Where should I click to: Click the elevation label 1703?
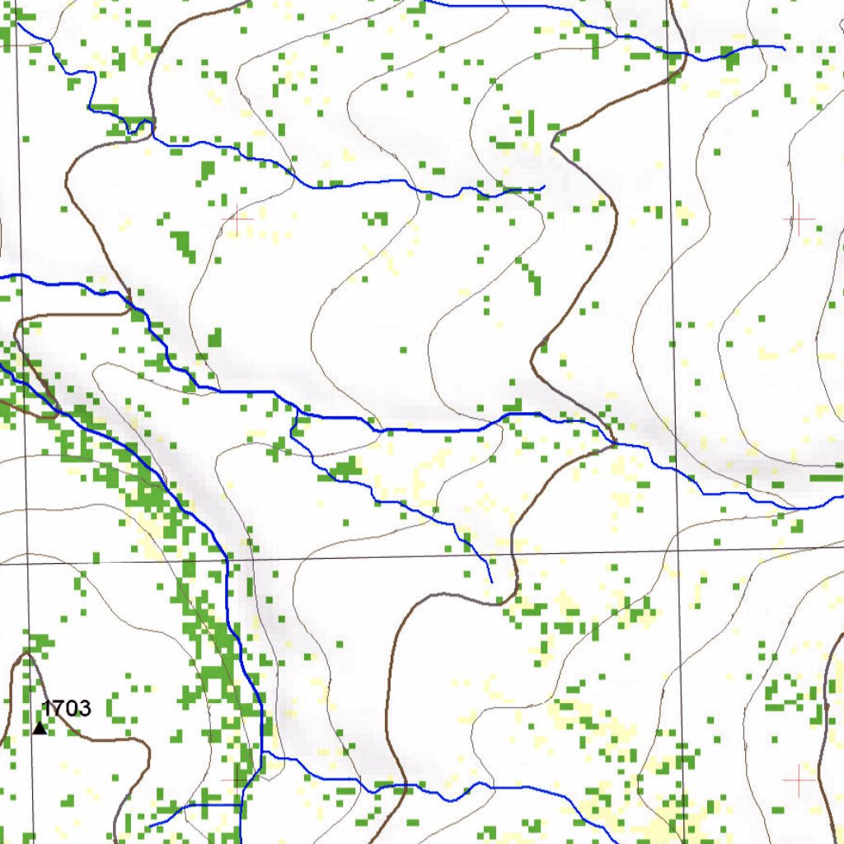click(x=67, y=707)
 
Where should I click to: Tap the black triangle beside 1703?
click(x=40, y=728)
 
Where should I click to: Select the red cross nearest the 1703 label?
click(x=237, y=777)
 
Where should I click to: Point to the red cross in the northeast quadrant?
click(x=798, y=219)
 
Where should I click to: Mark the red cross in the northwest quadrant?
click(x=238, y=220)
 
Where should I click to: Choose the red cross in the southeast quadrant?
click(x=799, y=779)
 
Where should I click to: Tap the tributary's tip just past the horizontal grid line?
click(x=491, y=582)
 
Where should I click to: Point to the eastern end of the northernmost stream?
click(x=784, y=49)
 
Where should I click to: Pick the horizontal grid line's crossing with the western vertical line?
click(x=28, y=564)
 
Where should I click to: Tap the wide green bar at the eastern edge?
click(x=826, y=478)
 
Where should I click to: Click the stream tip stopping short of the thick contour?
click(x=543, y=189)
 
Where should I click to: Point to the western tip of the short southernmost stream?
click(x=149, y=826)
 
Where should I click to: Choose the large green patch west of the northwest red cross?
click(x=183, y=244)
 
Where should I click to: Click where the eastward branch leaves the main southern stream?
click(x=262, y=754)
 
